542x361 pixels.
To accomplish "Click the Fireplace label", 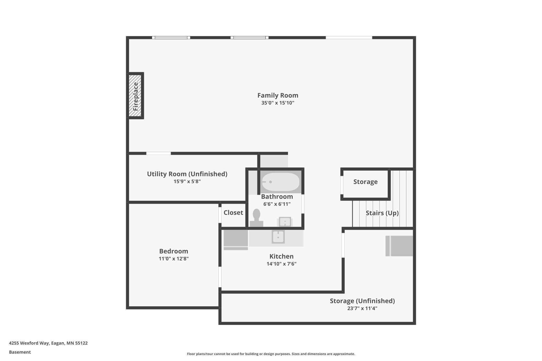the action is (x=135, y=96).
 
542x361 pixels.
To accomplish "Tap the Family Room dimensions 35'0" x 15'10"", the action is (x=278, y=103).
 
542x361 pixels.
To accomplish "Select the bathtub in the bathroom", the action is (x=281, y=182).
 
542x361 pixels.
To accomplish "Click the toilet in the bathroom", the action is (x=257, y=218).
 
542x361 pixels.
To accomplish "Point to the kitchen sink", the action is (x=278, y=237).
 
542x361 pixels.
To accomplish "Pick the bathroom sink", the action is (x=285, y=222).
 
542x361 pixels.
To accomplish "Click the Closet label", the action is (x=233, y=213).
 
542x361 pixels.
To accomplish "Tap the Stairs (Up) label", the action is (x=382, y=213).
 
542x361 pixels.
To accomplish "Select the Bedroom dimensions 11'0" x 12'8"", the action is (x=174, y=259).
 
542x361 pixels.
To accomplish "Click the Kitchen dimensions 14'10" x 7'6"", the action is (x=281, y=264).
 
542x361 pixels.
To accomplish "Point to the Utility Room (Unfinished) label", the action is (x=187, y=174).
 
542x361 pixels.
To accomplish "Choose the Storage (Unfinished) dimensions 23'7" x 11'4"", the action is (x=362, y=308).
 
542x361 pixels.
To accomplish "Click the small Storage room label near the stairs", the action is (x=365, y=182).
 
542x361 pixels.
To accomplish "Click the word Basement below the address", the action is (x=20, y=352).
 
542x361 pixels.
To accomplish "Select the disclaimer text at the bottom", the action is (x=271, y=354).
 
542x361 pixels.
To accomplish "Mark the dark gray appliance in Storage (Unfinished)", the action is (x=399, y=246).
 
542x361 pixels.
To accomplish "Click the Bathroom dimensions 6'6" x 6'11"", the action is (x=277, y=204).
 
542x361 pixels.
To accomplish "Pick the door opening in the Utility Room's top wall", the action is (x=158, y=153).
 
